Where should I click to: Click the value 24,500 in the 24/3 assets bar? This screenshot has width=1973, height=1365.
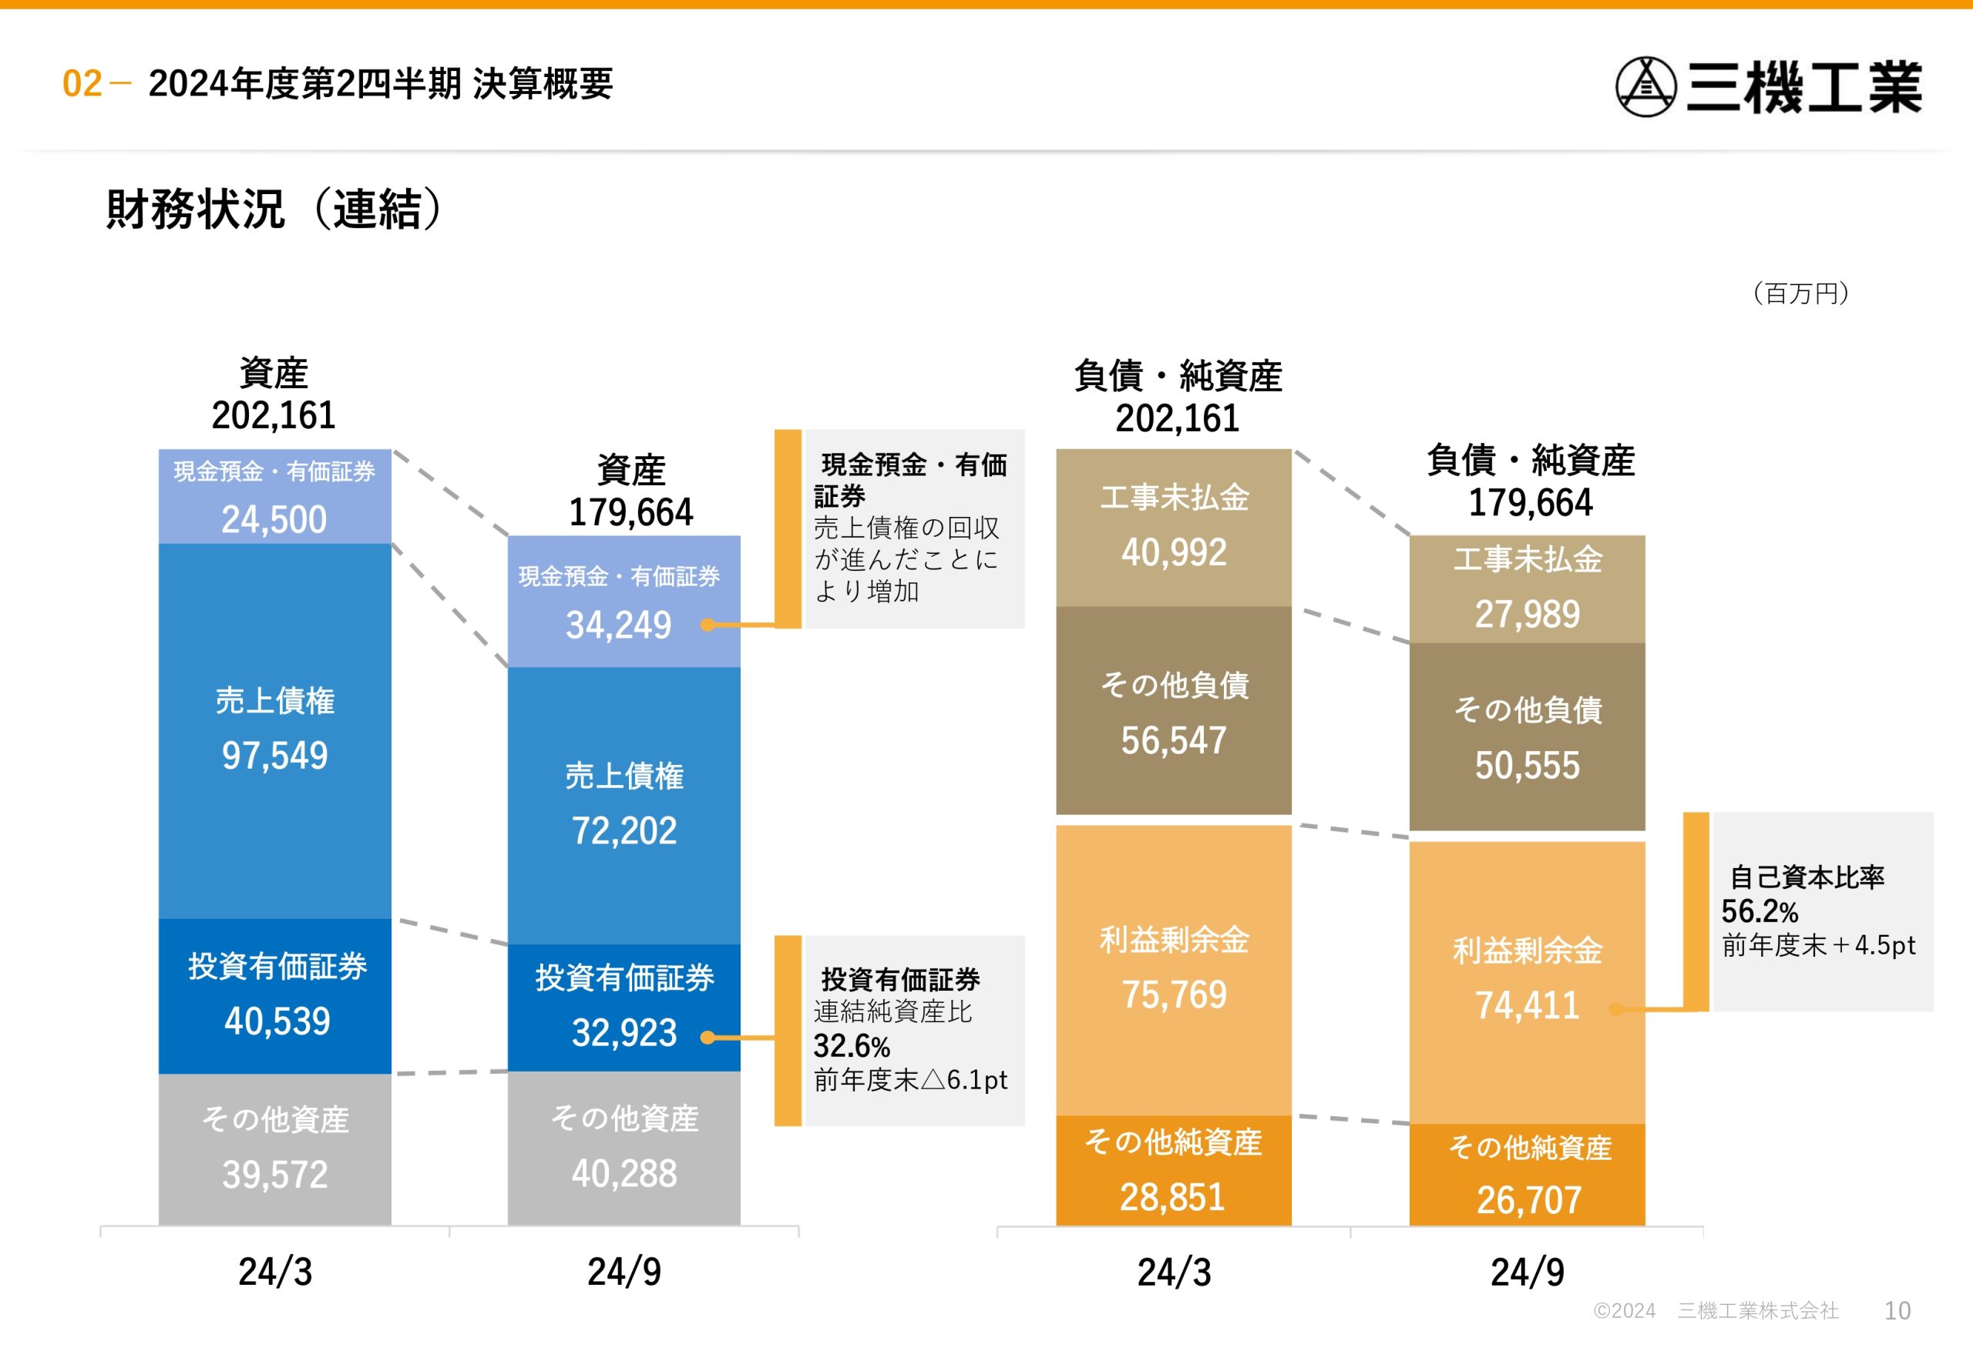click(x=274, y=519)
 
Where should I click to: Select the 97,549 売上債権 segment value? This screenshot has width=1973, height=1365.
click(x=274, y=755)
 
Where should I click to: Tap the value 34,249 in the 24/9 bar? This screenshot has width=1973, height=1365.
click(x=619, y=625)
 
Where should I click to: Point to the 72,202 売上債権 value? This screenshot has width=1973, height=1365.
click(x=623, y=830)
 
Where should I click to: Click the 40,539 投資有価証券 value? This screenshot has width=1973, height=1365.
click(x=277, y=1021)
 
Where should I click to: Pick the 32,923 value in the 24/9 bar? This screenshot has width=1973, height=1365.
click(x=623, y=1032)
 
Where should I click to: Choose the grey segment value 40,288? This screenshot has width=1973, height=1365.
click(x=623, y=1173)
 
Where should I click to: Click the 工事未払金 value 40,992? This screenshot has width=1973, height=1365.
click(x=1174, y=552)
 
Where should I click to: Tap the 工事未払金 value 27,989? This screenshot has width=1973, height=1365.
click(x=1528, y=614)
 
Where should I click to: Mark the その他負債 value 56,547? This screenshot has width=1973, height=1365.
click(x=1174, y=740)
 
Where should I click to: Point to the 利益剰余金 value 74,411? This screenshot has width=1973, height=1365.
click(x=1528, y=1006)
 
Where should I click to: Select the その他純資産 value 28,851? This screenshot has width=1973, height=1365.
click(x=1172, y=1197)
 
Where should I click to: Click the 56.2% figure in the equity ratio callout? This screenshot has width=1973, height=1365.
click(x=1759, y=911)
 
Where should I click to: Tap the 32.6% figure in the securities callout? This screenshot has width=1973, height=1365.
click(x=852, y=1046)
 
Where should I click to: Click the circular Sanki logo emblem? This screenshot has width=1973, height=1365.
click(x=1645, y=86)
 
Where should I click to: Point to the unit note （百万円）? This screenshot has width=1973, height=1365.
click(x=1800, y=293)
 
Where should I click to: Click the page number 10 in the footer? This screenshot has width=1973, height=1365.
click(x=1897, y=1310)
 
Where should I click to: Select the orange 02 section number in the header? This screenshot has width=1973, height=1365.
click(x=82, y=84)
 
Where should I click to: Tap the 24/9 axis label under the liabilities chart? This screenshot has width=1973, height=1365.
click(x=1528, y=1272)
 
